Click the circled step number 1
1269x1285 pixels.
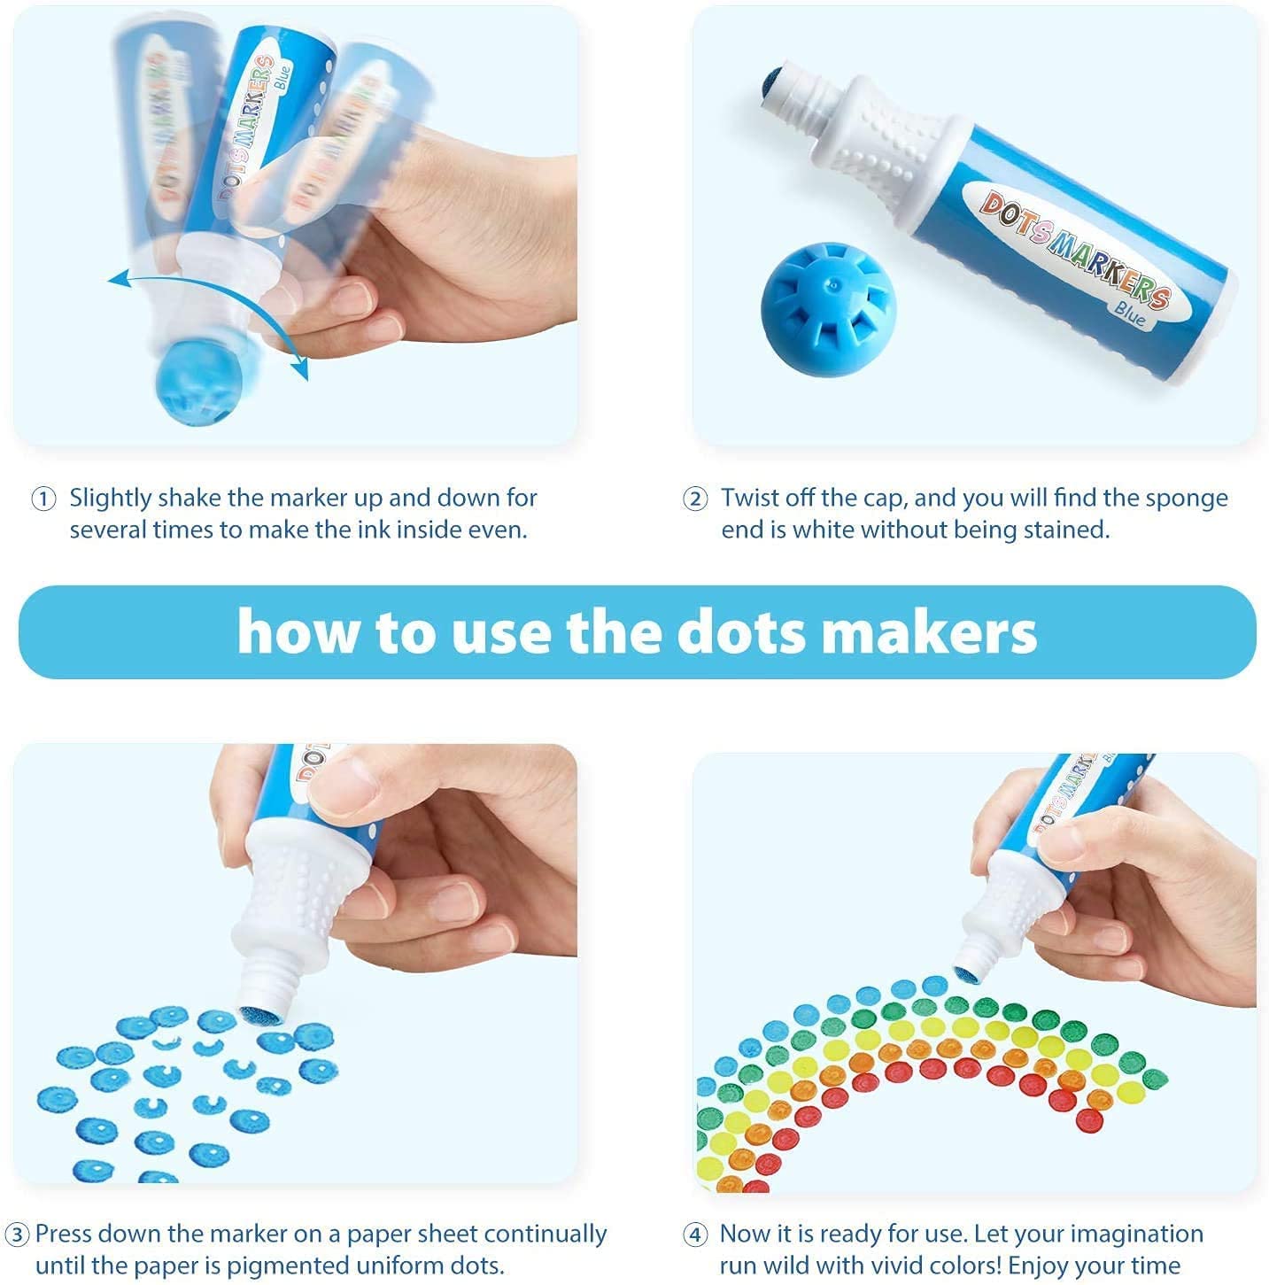[43, 499]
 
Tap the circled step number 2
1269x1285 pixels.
[695, 499]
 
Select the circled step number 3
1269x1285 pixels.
[17, 1235]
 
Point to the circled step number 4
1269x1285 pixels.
[695, 1235]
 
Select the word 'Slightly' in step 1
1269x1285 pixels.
[111, 499]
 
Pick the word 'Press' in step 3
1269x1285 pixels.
[67, 1234]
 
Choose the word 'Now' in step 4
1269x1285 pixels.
[745, 1234]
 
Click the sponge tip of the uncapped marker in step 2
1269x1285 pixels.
[771, 79]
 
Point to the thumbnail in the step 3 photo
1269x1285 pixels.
[341, 787]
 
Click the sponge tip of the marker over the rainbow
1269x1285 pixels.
[967, 973]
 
